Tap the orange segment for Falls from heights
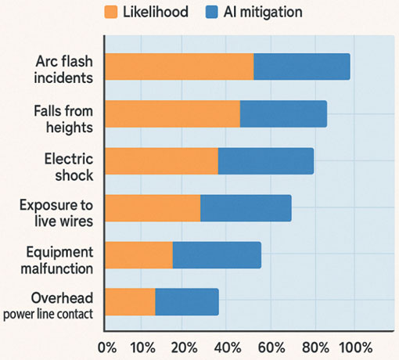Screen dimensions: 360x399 pyautogui.click(x=172, y=113)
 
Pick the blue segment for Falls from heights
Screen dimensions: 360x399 pyautogui.click(x=283, y=113)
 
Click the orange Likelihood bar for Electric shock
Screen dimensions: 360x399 pyautogui.click(x=161, y=161)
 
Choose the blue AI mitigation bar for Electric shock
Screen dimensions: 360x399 pyautogui.click(x=266, y=161)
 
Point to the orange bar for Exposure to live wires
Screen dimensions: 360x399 pyautogui.click(x=153, y=208)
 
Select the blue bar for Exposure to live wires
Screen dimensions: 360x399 pyautogui.click(x=246, y=208)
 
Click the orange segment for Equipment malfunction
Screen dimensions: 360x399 pyautogui.click(x=138, y=255)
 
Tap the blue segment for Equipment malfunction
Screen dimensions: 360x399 pyautogui.click(x=217, y=255)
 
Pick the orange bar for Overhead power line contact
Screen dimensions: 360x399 pyautogui.click(x=130, y=302)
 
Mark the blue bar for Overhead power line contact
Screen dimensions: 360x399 pyautogui.click(x=187, y=302)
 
